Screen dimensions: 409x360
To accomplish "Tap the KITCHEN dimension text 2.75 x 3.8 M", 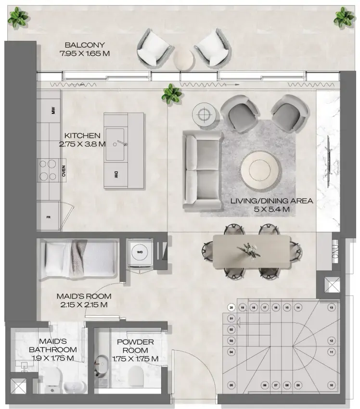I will [x=83, y=144].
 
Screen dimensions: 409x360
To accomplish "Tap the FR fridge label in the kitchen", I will [x=48, y=217].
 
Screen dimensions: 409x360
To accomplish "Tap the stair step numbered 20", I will [x=231, y=307].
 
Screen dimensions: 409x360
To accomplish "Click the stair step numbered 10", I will [x=331, y=385].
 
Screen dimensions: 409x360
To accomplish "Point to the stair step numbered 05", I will [x=231, y=385].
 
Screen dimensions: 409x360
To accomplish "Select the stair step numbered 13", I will [x=331, y=307].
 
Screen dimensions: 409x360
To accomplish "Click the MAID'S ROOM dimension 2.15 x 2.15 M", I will [x=84, y=305].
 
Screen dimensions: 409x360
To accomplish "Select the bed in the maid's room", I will [x=80, y=259].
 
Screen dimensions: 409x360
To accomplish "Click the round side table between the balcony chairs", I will [x=183, y=60].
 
